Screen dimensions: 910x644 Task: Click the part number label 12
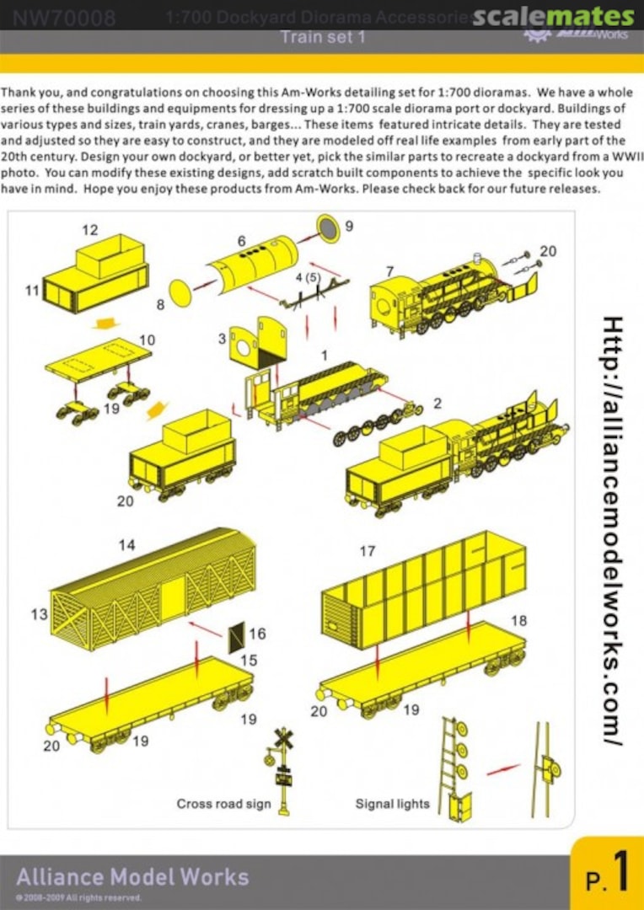pos(90,229)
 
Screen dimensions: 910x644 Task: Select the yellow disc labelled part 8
pos(181,293)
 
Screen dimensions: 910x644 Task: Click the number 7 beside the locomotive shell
pos(389,270)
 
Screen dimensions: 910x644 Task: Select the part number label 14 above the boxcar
pos(126,545)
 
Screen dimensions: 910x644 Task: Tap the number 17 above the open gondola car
pos(367,551)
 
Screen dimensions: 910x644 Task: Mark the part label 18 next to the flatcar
pos(518,620)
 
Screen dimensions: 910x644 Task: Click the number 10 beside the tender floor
pos(148,340)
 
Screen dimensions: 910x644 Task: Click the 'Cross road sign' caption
pos(223,804)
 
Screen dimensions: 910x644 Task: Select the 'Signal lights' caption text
pos(392,804)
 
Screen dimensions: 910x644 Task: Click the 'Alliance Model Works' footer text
pos(132,876)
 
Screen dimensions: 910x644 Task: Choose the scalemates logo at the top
pos(553,17)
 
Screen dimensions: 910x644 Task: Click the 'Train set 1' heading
pos(322,38)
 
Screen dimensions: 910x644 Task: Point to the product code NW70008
pos(64,18)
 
